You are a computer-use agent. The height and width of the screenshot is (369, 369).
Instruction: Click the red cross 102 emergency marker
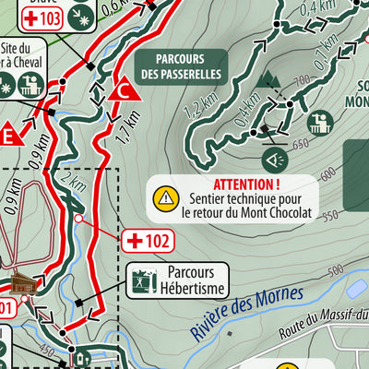[x=147, y=242]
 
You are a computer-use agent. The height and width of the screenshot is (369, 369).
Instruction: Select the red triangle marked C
[x=121, y=89]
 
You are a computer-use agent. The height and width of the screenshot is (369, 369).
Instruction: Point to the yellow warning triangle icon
[x=165, y=196]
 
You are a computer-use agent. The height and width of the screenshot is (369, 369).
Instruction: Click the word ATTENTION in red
[x=245, y=184]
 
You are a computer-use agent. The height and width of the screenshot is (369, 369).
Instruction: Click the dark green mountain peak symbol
[x=268, y=81]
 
